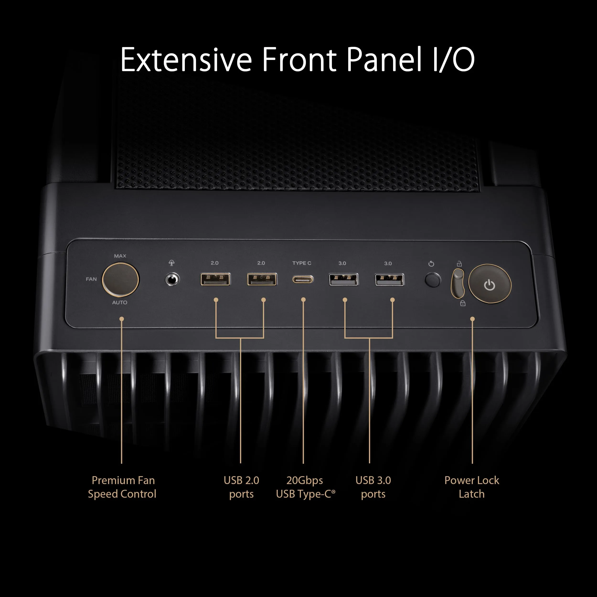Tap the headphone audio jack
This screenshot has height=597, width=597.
[172, 280]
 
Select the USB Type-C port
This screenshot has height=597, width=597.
[303, 280]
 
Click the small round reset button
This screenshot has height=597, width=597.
[433, 280]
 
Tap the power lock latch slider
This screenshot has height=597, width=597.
[458, 283]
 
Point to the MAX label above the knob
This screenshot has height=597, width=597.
[120, 256]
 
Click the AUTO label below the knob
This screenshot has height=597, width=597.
[120, 302]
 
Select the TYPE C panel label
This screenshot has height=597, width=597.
[302, 263]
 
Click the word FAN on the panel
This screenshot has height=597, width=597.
[91, 279]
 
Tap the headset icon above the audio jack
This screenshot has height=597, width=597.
[171, 263]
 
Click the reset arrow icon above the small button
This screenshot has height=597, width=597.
[431, 264]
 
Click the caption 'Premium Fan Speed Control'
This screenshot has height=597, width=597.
[122, 487]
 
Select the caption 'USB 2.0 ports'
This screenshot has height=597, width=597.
[241, 487]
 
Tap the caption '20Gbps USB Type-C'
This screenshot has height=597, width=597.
[305, 487]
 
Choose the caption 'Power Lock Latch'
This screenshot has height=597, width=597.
[472, 487]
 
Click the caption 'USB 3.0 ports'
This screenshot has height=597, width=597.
[373, 487]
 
